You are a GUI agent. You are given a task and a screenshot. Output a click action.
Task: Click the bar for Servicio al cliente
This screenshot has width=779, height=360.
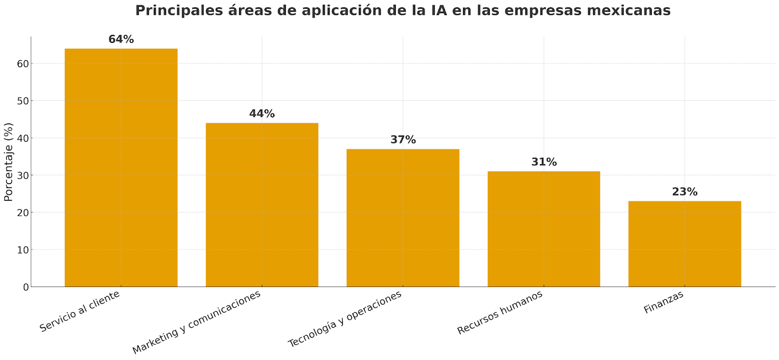click(x=121, y=168)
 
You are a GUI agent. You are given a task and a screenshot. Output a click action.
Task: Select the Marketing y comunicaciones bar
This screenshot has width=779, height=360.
click(x=262, y=205)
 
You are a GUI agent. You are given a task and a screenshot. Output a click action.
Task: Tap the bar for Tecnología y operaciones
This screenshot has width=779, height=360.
click(x=403, y=218)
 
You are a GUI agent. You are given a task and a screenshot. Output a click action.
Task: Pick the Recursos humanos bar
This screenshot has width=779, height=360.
click(x=544, y=229)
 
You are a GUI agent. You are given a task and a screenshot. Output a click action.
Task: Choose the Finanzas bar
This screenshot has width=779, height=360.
click(x=685, y=244)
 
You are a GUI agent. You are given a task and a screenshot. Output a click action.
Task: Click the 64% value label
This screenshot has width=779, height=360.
click(x=121, y=39)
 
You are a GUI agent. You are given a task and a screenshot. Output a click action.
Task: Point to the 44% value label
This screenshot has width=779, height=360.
click(x=262, y=114)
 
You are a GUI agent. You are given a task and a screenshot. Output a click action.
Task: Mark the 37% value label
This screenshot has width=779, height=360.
click(x=403, y=140)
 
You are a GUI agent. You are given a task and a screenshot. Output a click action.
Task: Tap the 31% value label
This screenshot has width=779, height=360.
click(x=544, y=162)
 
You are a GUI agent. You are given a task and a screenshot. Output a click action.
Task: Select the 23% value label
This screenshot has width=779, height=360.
click(x=685, y=192)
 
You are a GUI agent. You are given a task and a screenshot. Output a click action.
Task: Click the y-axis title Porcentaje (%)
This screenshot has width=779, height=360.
click(x=9, y=162)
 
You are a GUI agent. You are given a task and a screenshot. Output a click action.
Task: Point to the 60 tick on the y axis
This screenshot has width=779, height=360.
click(x=22, y=63)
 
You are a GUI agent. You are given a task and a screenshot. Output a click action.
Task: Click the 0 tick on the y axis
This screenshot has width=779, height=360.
click(x=25, y=287)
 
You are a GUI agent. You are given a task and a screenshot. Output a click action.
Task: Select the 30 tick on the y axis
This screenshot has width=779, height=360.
click(x=22, y=175)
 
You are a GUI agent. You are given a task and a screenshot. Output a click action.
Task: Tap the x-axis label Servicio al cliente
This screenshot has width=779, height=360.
click(x=80, y=312)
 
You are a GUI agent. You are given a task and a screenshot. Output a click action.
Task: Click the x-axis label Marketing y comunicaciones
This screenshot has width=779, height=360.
click(x=197, y=322)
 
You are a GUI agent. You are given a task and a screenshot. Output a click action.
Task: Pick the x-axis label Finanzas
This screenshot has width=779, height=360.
click(x=664, y=302)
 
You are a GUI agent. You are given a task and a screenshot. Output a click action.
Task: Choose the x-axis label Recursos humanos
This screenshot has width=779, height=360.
click(x=500, y=313)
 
